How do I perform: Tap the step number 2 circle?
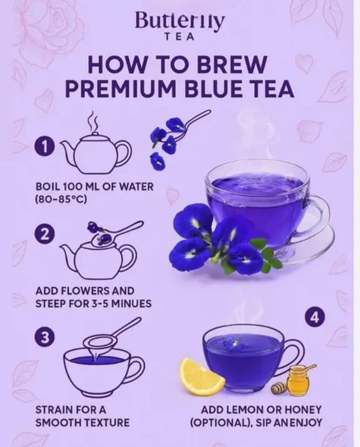pyautogui.click(x=44, y=234)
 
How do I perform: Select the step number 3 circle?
pyautogui.click(x=44, y=337)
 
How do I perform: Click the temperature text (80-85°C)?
pyautogui.click(x=61, y=199)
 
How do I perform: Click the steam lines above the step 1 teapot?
pyautogui.click(x=94, y=121)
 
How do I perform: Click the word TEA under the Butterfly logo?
pyautogui.click(x=180, y=37)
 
